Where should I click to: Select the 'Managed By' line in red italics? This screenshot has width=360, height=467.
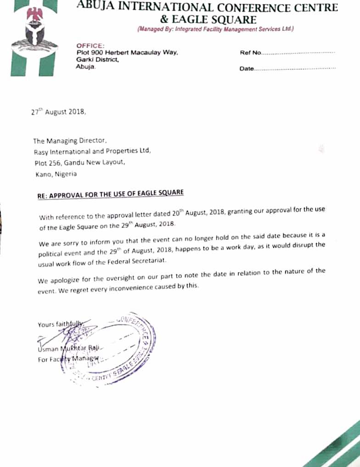(x=215, y=29)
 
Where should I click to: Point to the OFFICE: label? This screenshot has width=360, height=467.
(x=90, y=46)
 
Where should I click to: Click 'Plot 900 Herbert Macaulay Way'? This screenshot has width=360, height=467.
(x=127, y=53)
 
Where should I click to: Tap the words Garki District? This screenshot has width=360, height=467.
(x=98, y=60)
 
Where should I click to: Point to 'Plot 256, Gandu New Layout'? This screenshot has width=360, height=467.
(x=79, y=162)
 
